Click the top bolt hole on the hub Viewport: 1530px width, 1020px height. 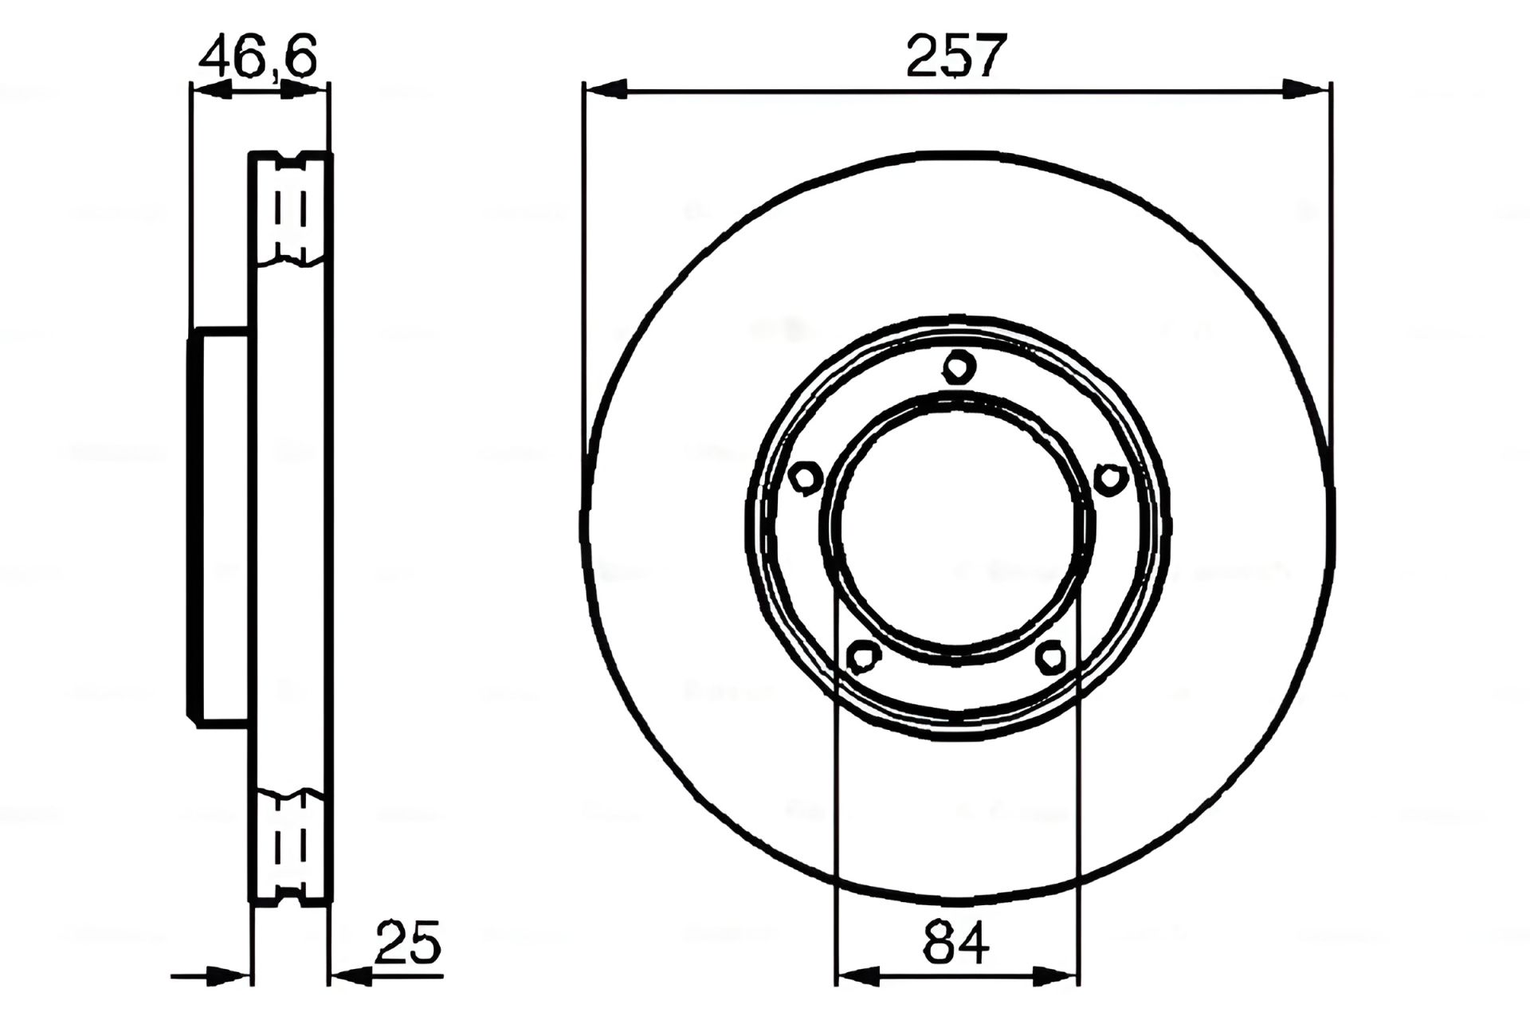959,367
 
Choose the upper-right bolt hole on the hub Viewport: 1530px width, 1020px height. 1108,478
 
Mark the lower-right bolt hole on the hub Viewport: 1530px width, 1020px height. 1051,657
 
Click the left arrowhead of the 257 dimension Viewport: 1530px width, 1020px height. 606,89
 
